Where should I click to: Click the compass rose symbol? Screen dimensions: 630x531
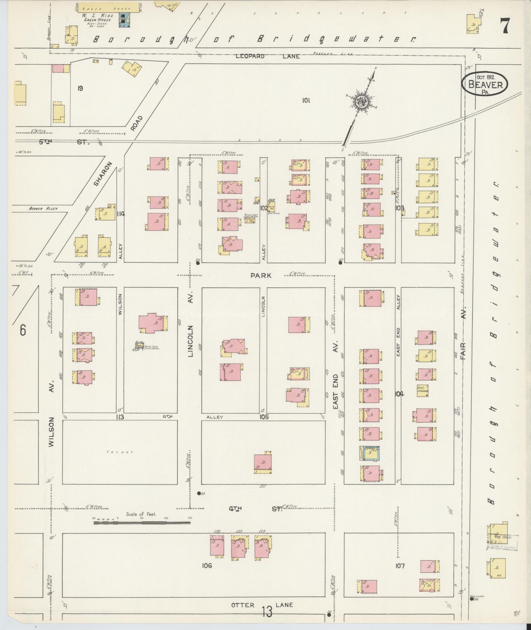click(x=361, y=102)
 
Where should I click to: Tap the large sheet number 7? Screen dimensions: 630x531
click(x=504, y=26)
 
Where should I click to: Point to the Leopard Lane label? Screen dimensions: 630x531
click(x=267, y=56)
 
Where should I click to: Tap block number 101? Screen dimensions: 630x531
click(x=306, y=101)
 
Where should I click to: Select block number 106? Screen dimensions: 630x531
click(x=207, y=566)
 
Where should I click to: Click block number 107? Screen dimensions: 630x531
click(x=400, y=566)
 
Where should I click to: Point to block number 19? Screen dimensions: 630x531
click(x=80, y=88)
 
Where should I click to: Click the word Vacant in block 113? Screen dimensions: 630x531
click(x=120, y=452)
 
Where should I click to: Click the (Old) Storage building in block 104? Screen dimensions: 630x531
click(x=422, y=391)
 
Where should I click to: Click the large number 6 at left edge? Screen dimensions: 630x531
click(x=22, y=330)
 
